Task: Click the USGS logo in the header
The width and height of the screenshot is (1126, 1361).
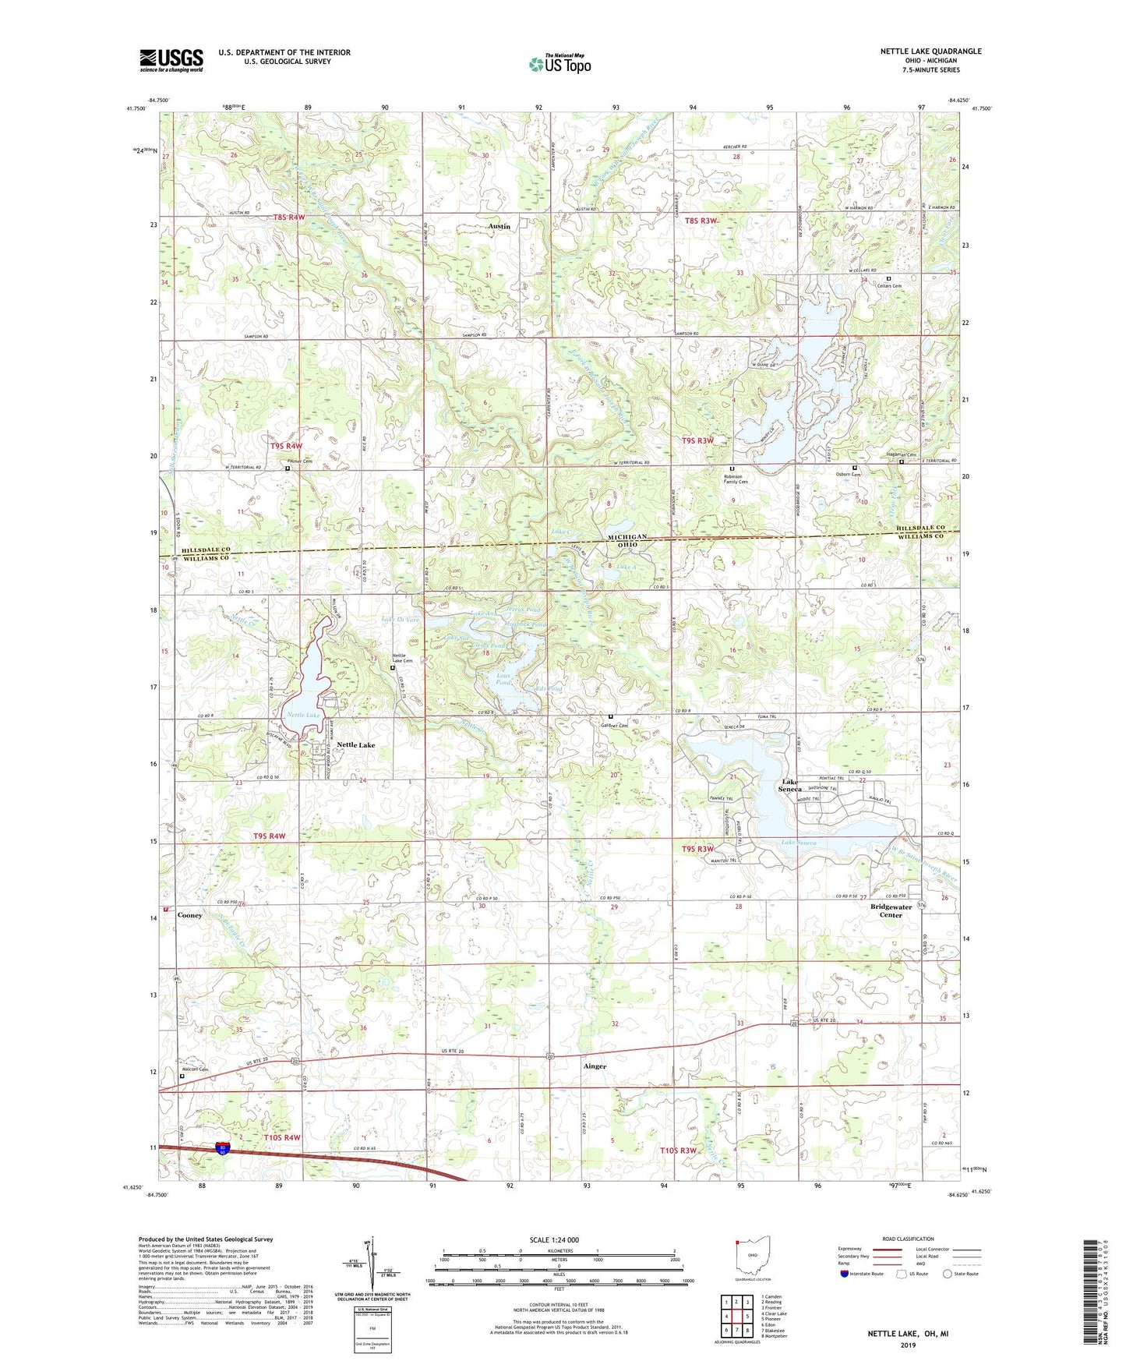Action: click(171, 60)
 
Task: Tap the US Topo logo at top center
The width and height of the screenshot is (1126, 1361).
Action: click(559, 64)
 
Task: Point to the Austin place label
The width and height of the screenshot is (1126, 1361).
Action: click(499, 226)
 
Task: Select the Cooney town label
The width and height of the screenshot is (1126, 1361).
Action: click(189, 915)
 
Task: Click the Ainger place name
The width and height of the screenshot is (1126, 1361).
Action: click(595, 1066)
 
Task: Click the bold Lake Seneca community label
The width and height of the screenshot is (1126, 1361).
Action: click(791, 786)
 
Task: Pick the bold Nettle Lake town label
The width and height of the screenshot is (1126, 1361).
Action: click(355, 745)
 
